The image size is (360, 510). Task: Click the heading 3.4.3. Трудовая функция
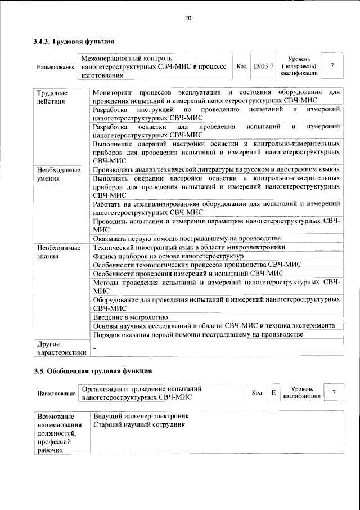point(74,41)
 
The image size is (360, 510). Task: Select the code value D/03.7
point(263,66)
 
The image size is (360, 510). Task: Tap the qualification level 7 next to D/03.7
point(332,66)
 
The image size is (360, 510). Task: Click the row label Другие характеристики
point(61,348)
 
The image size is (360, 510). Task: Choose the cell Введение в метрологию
point(130,317)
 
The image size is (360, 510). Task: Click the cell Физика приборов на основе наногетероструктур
point(168,256)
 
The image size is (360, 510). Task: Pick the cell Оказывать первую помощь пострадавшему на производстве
point(186,238)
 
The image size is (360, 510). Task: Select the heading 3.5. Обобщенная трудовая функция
point(92,372)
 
